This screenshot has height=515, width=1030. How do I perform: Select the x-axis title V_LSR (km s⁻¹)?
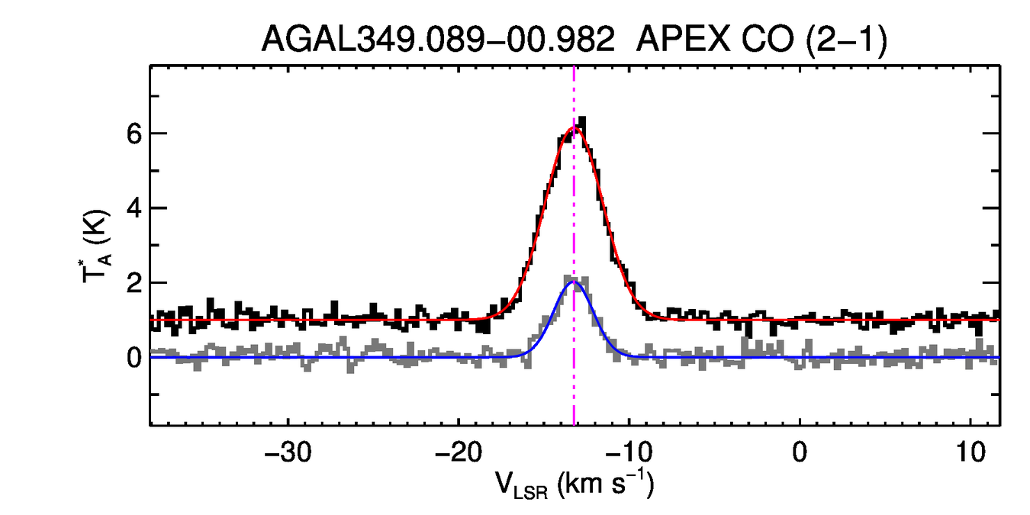[574, 484]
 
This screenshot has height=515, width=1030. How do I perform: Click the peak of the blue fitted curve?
[575, 282]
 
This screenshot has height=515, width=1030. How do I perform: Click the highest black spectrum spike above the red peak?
[583, 118]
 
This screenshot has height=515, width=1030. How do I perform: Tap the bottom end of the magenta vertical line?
[574, 423]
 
